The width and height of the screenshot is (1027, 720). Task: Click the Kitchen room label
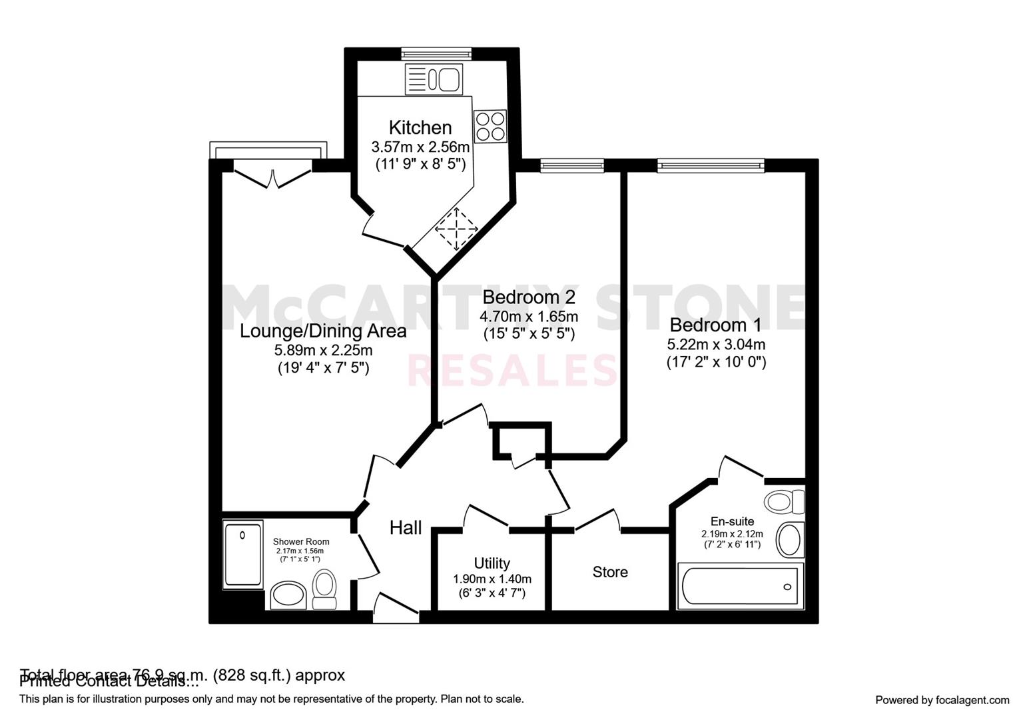(x=420, y=127)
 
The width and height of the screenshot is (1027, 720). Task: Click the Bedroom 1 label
(x=716, y=325)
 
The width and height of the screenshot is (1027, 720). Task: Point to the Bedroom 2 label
(x=528, y=297)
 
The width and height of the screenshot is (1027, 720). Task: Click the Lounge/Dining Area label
(x=323, y=331)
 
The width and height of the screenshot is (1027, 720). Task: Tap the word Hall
(x=406, y=528)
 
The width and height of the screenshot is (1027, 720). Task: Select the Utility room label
(x=492, y=563)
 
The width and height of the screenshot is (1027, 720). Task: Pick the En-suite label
(x=732, y=521)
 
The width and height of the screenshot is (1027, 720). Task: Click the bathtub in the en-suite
(x=740, y=586)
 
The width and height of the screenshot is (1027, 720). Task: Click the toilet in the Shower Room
(x=325, y=590)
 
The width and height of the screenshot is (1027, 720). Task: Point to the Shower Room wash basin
(x=289, y=595)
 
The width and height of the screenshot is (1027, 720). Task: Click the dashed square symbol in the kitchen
(x=457, y=229)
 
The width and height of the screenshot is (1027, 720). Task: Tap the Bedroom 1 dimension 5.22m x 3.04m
(x=716, y=345)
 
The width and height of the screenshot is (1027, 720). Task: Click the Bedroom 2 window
(x=571, y=165)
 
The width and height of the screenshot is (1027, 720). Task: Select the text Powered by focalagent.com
(x=942, y=700)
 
